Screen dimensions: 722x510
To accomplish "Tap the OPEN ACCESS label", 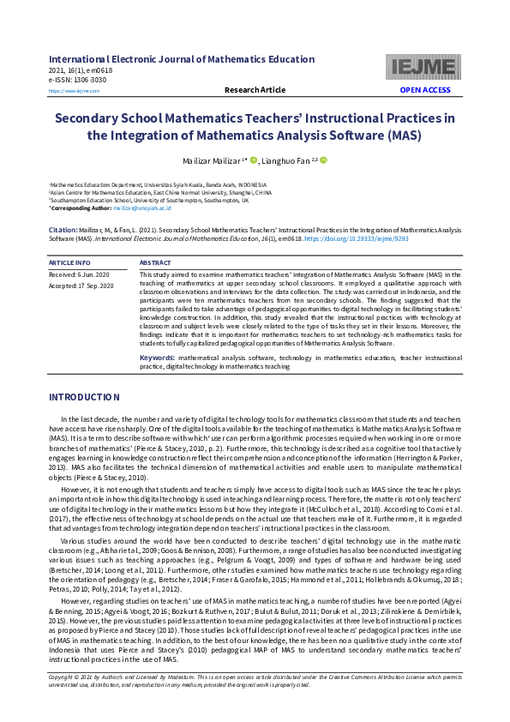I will click(x=424, y=90).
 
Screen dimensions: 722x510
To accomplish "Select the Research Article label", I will click(x=255, y=90).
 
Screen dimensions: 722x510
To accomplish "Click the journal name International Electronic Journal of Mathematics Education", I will click(x=182, y=59).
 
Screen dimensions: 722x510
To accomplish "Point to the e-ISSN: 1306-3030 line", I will click(x=78, y=79).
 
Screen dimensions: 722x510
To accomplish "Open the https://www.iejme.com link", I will click(x=69, y=90).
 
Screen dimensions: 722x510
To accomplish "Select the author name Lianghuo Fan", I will click(x=285, y=160).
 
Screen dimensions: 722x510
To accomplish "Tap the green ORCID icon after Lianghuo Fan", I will click(x=324, y=160).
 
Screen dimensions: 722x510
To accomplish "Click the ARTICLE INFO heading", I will click(x=69, y=262).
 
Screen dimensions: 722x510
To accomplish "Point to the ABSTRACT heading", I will click(x=155, y=262).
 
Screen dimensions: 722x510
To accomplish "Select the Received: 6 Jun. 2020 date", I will click(x=80, y=274).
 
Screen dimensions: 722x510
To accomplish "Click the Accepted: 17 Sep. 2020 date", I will click(x=81, y=285).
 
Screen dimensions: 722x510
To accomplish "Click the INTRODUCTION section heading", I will click(x=84, y=397).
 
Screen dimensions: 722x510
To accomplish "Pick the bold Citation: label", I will click(x=63, y=231).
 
